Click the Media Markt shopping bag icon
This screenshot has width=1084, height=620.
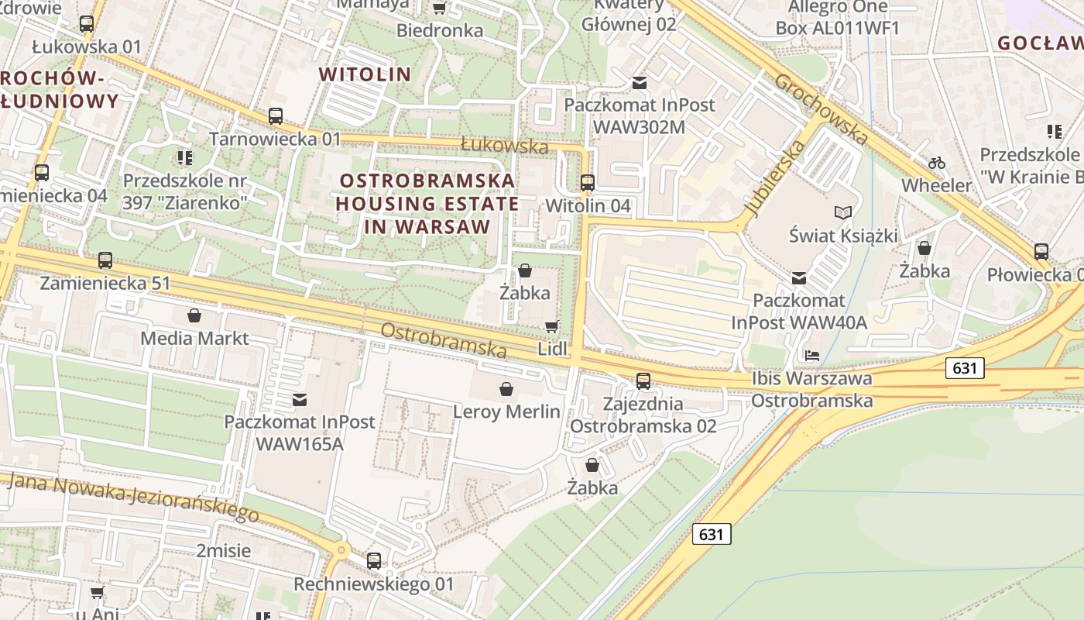[x=194, y=315]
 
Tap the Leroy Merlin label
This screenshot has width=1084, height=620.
[x=506, y=412]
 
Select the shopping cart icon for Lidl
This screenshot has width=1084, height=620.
[x=552, y=326]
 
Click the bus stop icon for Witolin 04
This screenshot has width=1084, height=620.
[x=588, y=183]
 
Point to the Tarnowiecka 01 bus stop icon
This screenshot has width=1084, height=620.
[x=276, y=116]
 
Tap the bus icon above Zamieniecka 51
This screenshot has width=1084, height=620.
[x=105, y=260]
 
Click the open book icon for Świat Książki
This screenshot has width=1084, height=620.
[x=843, y=212]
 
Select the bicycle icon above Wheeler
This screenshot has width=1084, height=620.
[x=937, y=163]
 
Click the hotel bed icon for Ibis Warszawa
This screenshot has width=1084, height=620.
[x=812, y=355]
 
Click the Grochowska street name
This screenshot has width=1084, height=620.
[x=821, y=109]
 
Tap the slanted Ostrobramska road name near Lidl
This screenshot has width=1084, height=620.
[x=444, y=340]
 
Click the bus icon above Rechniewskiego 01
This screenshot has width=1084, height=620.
[x=374, y=560]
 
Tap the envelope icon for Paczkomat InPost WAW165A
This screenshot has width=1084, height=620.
[x=300, y=400]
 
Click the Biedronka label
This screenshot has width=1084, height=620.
[x=440, y=31]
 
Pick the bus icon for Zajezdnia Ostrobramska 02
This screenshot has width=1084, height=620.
[x=643, y=381]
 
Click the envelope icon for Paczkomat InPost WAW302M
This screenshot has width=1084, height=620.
[x=640, y=81]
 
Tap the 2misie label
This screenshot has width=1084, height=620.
[x=223, y=551]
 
